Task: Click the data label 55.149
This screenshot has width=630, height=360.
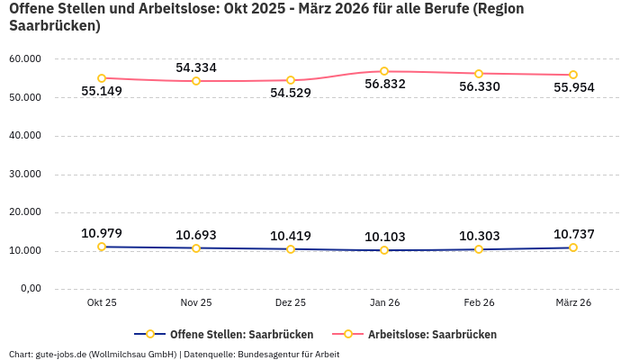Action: tap(102, 91)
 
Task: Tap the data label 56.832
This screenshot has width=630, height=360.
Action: tap(384, 84)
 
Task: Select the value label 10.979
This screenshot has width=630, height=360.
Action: tap(102, 233)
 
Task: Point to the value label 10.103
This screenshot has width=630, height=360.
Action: tap(384, 237)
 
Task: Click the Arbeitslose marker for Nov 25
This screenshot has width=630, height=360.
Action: tap(196, 81)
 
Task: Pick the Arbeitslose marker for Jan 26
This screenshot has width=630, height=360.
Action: tap(384, 71)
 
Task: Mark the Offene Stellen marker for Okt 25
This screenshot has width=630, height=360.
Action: tap(102, 247)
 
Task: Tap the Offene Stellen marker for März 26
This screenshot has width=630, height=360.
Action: tap(572, 247)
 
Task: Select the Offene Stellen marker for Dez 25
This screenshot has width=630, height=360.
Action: tap(291, 248)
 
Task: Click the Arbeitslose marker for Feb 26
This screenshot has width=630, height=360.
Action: tap(479, 74)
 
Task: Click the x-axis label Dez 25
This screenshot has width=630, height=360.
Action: tap(291, 302)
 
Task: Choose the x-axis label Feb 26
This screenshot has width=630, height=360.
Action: tap(479, 302)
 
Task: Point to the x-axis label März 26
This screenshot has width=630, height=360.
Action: tap(572, 302)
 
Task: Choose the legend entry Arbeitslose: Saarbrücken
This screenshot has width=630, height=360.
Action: tap(432, 334)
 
